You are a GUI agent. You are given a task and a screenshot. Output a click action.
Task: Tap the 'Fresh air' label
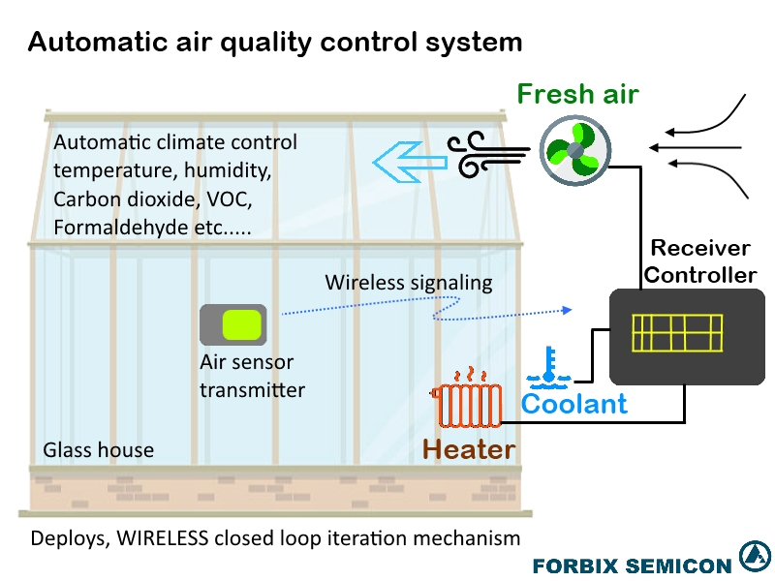tap(577, 94)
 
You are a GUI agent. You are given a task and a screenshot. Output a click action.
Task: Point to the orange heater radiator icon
tap(468, 405)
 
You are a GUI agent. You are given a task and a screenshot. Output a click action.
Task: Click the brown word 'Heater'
tap(469, 449)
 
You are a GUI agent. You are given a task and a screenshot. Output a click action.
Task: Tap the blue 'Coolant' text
tap(574, 404)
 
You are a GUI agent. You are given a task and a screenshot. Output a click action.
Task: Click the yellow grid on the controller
tap(676, 333)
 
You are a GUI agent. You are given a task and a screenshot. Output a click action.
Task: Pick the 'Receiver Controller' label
tap(699, 261)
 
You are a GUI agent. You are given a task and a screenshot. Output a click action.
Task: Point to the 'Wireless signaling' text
tap(408, 283)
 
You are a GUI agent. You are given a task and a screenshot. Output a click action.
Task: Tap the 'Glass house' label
tap(98, 450)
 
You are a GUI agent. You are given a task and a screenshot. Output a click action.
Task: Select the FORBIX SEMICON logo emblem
tap(754, 557)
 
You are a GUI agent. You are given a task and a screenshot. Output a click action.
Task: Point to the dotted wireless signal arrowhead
tap(568, 310)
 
